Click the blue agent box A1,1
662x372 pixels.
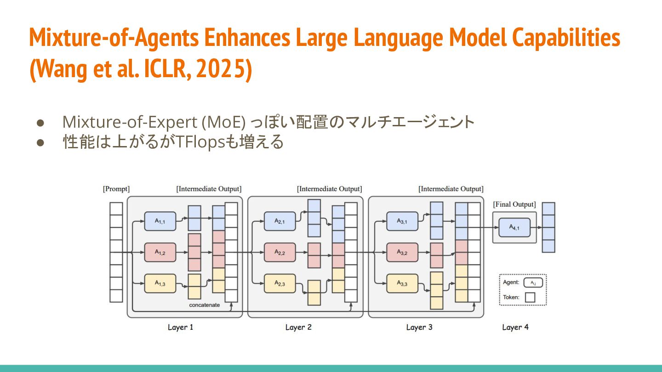pyautogui.click(x=160, y=221)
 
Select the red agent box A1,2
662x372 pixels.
pyautogui.click(x=160, y=252)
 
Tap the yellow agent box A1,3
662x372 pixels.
pyautogui.click(x=160, y=283)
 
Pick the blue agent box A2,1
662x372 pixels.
pyautogui.click(x=280, y=221)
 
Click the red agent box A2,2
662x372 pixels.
pyautogui.click(x=280, y=252)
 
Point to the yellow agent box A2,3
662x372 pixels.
pyautogui.click(x=280, y=283)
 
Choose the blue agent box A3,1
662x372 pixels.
pyautogui.click(x=402, y=221)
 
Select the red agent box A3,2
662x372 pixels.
pyautogui.click(x=402, y=252)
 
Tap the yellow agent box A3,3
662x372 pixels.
pyautogui.click(x=402, y=283)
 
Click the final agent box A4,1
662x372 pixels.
pyautogui.click(x=514, y=227)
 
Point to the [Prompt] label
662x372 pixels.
pyautogui.click(x=116, y=189)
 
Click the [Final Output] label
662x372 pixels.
pyautogui.click(x=514, y=204)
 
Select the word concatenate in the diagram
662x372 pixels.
pyautogui.click(x=205, y=305)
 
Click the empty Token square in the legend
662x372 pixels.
pyautogui.click(x=530, y=297)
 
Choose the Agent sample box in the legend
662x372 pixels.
pyautogui.click(x=533, y=282)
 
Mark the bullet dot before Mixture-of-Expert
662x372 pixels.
pyautogui.click(x=40, y=123)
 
